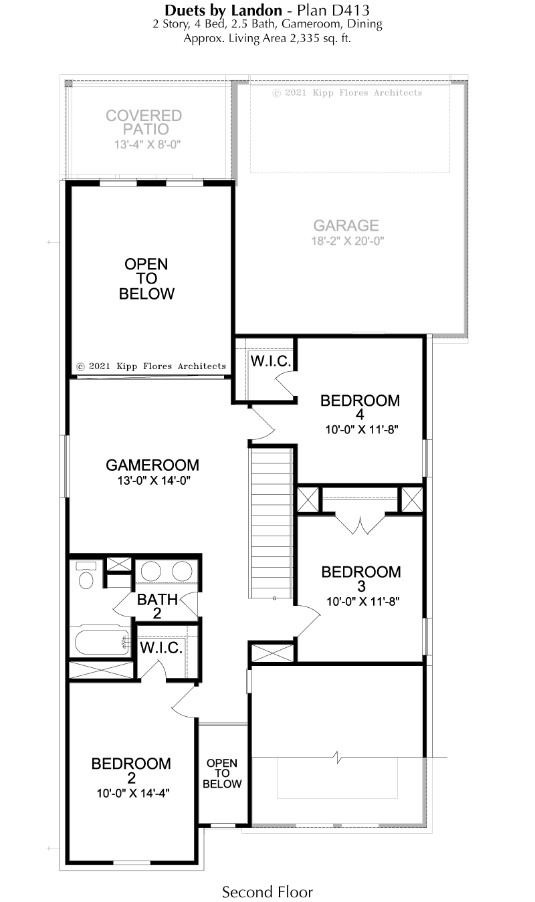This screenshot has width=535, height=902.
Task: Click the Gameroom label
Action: [152, 465]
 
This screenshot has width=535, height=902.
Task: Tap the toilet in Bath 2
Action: [86, 574]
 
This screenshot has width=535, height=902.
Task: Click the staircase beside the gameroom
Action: [272, 524]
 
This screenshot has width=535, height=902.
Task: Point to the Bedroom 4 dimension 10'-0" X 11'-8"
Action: [362, 430]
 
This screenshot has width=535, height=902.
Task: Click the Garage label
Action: [346, 225]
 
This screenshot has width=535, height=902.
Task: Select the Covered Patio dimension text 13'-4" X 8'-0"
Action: [147, 144]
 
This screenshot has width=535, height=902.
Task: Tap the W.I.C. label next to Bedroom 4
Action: [271, 361]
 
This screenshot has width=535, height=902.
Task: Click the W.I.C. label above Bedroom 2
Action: [161, 648]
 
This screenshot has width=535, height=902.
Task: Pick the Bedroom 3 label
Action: [361, 578]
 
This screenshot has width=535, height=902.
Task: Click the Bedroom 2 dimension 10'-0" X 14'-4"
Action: [133, 793]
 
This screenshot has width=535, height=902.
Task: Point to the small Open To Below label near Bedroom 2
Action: [222, 773]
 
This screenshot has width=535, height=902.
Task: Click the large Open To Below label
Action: [146, 279]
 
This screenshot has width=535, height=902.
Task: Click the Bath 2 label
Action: [157, 606]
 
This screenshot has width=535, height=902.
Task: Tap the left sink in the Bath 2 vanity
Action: [151, 572]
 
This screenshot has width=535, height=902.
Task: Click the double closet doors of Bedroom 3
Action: [360, 524]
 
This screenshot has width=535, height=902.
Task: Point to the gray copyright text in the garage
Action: [347, 93]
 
